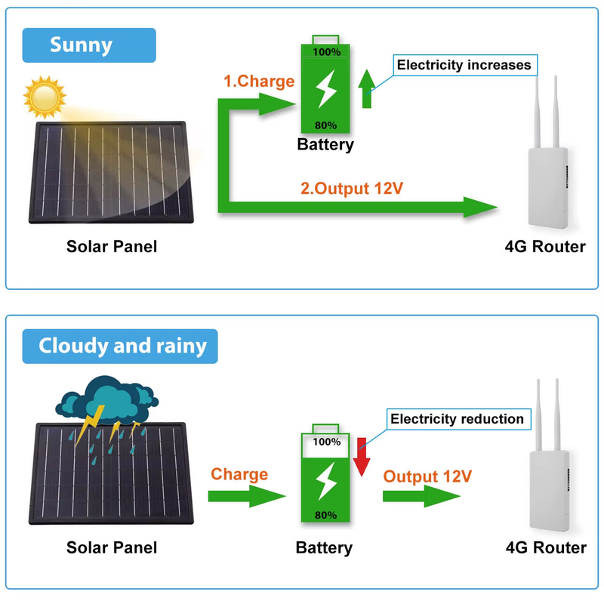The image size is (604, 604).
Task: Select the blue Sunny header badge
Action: [x=89, y=45]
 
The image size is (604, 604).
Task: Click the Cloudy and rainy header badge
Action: [x=120, y=347]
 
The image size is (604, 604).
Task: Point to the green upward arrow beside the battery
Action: [x=367, y=90]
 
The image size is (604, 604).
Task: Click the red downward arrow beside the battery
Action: [x=361, y=456]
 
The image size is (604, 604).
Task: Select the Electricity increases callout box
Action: [x=464, y=65]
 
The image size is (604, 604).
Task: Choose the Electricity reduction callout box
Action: [x=457, y=419]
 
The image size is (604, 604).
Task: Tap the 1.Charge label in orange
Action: [x=259, y=82]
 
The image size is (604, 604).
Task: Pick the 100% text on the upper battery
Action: [x=326, y=53]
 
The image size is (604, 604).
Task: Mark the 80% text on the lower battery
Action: [x=325, y=516]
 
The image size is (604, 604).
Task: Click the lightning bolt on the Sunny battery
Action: [x=327, y=88]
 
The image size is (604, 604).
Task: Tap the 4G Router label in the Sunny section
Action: [x=545, y=246]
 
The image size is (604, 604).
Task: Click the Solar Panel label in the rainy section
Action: [x=112, y=547]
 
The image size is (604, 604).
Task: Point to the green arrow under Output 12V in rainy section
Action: [x=421, y=497]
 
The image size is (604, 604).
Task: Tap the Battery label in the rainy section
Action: [x=325, y=547]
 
